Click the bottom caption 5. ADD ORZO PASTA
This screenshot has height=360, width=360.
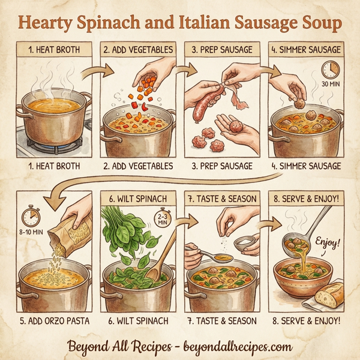pyautogui.click(x=53, y=320)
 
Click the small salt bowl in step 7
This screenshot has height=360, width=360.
pyautogui.click(x=245, y=244)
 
